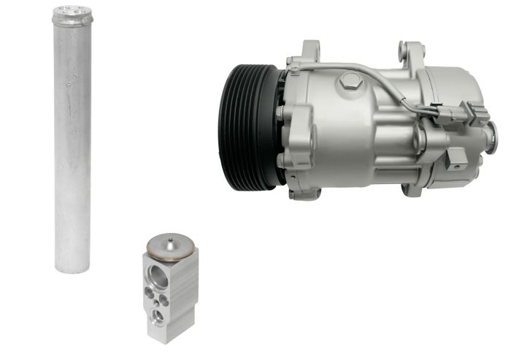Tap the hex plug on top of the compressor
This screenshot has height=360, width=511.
347,83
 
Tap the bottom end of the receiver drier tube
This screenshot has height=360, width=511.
72,264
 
